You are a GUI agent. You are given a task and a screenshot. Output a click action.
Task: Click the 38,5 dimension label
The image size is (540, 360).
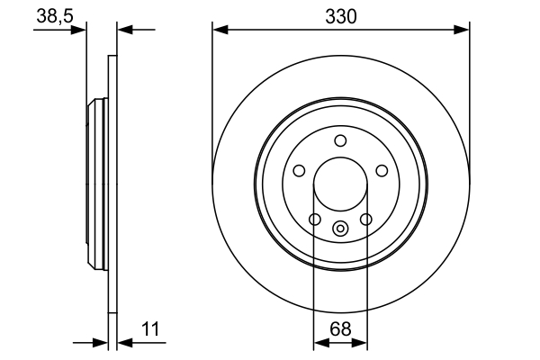click(53, 16)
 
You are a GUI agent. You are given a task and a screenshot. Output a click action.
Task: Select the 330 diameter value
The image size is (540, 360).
click(340, 16)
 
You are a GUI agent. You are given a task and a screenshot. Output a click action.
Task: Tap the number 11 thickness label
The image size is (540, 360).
click(149, 329)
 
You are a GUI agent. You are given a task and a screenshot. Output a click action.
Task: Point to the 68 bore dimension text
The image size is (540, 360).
click(340, 329)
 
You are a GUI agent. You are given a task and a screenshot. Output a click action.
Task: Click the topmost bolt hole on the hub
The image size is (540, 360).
click(340, 140)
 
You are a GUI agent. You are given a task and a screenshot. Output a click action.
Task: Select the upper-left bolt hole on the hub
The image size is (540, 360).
click(299, 171)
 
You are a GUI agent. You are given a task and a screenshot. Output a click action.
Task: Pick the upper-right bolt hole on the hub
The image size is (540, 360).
click(382, 171)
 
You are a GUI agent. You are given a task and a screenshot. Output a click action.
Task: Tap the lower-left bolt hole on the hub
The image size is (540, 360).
click(314, 219)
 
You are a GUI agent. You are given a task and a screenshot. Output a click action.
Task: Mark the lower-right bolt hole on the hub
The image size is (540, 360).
click(366, 219)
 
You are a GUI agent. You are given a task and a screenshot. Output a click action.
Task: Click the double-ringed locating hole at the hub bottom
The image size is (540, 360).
click(340, 229)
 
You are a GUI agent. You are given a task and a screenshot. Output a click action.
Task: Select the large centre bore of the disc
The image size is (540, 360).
click(340, 184)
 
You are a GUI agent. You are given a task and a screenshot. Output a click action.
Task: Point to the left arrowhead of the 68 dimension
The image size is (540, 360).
click(319, 342)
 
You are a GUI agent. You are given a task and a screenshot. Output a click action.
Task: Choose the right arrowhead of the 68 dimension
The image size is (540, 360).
click(361, 342)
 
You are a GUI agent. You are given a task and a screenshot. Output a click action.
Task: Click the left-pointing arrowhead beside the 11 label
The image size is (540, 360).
click(124, 342)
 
